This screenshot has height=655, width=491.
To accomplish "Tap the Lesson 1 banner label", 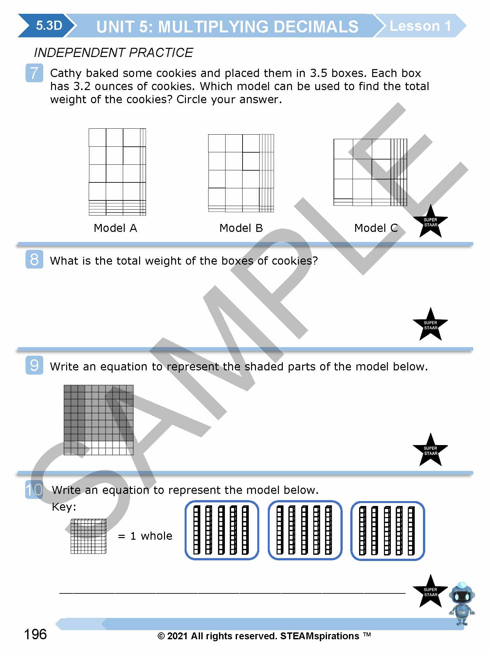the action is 420,26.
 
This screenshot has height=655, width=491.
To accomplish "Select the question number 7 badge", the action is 34,73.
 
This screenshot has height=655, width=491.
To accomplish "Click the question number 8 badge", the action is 34,259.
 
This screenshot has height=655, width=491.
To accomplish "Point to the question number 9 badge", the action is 34,365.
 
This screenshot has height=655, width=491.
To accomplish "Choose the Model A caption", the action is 115,228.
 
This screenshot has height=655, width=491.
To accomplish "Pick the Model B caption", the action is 241,228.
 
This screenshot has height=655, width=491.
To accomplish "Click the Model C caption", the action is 376,228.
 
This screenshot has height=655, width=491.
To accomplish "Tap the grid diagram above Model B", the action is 241,173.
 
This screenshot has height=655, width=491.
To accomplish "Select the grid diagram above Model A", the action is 117,172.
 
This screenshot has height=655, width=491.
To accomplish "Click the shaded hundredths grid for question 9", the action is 99,420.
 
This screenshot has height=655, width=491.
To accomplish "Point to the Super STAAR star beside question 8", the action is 430,325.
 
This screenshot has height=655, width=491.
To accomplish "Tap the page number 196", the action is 35,634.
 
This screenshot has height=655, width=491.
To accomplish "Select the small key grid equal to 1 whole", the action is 89,536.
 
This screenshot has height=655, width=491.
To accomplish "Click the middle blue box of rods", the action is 305,530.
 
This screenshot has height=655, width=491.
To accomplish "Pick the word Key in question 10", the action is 64,507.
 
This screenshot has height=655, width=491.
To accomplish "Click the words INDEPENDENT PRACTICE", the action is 113,52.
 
